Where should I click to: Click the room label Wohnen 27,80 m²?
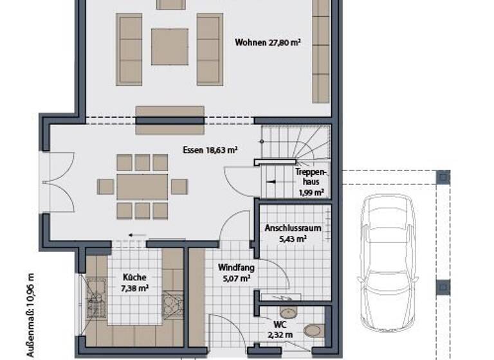pos(268,42)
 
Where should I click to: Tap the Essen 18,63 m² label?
pos(210,150)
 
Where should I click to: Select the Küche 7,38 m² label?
pos(135,283)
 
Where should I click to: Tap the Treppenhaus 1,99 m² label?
pos(310,182)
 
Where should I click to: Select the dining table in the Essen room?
pos(142,187)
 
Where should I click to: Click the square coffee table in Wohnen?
pos(169,46)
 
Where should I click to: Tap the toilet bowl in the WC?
pos(313,330)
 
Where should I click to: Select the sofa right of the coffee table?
pos(209,49)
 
